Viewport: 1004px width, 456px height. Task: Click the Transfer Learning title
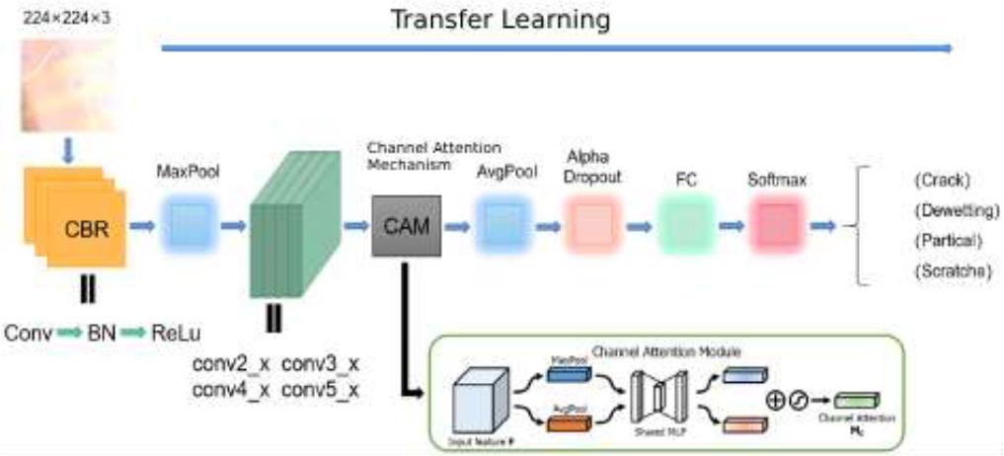(x=500, y=19)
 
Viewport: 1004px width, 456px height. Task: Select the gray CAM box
(x=406, y=226)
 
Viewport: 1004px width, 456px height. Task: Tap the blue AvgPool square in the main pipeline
(x=503, y=226)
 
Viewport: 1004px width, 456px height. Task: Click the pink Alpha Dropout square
(x=595, y=226)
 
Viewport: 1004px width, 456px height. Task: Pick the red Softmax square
(x=777, y=226)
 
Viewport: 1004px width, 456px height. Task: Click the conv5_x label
(x=320, y=390)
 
